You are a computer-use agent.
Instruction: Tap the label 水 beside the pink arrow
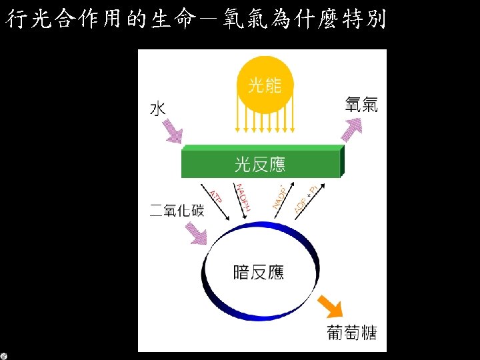[x=157, y=108]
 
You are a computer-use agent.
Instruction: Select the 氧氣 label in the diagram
[x=361, y=105]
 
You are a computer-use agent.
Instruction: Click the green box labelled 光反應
[x=262, y=163]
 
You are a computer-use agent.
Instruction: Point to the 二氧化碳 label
[x=177, y=211]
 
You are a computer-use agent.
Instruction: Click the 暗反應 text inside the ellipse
[x=259, y=272]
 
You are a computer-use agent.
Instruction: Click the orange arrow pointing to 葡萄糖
[x=330, y=305]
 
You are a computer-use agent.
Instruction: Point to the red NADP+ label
[x=280, y=194]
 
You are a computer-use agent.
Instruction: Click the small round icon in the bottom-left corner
[x=4, y=355]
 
